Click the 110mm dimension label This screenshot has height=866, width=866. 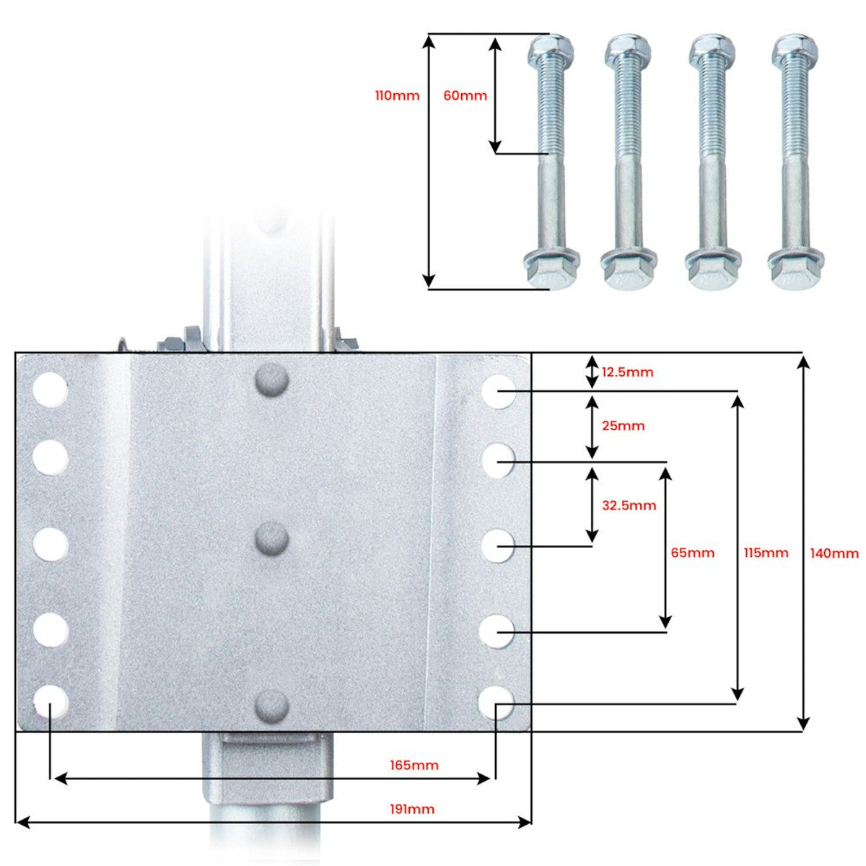397,96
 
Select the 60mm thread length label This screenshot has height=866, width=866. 465,96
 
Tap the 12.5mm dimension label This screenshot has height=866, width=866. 627,372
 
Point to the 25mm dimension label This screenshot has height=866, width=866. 624,426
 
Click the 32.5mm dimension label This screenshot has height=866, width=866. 629,505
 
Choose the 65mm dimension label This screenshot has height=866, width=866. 693,552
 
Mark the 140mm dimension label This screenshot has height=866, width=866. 834,553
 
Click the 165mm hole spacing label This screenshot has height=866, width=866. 414,766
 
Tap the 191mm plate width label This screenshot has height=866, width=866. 412,810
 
